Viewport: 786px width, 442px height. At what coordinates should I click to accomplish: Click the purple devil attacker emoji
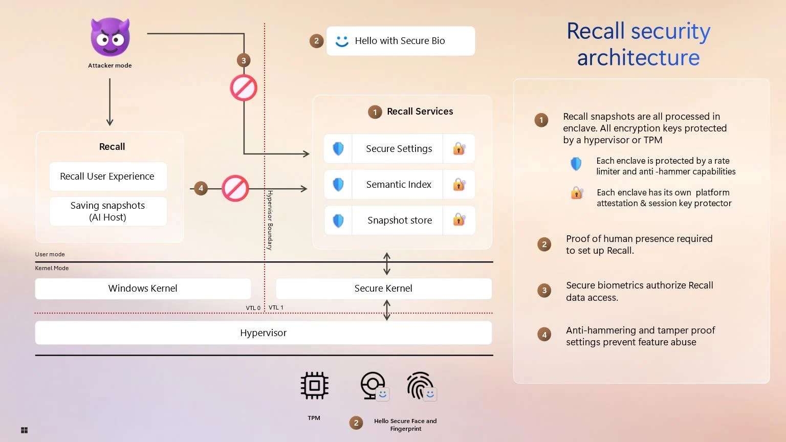110,37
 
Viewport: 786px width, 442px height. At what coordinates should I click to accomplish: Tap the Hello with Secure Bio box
400,41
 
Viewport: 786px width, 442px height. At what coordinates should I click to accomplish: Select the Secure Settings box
399,149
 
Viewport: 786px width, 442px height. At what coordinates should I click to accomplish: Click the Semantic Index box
399,185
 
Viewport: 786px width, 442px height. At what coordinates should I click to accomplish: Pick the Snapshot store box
399,220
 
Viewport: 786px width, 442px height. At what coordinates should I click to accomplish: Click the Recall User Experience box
107,176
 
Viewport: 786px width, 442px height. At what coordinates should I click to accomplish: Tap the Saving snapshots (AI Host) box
107,211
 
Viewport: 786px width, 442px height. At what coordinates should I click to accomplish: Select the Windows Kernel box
143,289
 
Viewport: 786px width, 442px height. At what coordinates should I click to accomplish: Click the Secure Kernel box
383,289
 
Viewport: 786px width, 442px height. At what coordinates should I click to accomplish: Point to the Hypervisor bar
263,333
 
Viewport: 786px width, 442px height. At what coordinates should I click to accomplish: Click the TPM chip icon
314,386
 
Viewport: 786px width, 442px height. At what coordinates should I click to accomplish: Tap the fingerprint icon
420,386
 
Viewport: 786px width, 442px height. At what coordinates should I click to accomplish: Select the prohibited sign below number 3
244,88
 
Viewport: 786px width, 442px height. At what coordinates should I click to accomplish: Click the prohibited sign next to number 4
235,188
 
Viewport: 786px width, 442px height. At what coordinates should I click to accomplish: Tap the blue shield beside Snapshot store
338,220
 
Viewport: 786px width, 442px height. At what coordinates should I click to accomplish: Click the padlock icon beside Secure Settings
459,149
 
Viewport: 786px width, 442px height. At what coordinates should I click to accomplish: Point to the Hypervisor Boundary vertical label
270,220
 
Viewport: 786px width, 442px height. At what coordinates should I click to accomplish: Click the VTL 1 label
276,307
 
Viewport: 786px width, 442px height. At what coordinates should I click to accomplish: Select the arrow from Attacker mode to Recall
110,102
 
